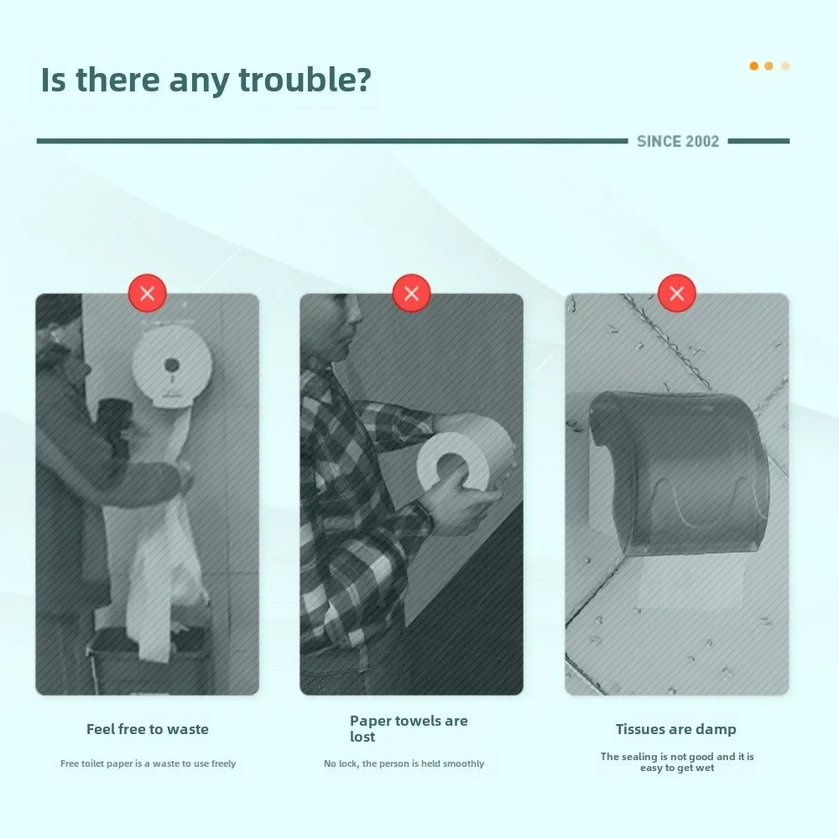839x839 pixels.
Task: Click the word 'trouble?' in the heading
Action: click(305, 81)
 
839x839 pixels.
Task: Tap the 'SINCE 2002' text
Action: click(677, 141)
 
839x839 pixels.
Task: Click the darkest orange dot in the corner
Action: click(754, 65)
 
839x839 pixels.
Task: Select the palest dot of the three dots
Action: click(785, 65)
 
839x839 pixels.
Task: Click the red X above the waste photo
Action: click(147, 293)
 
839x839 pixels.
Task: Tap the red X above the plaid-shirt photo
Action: click(411, 293)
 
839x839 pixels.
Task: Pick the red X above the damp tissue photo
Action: click(677, 293)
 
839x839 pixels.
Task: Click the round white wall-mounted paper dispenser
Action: click(172, 367)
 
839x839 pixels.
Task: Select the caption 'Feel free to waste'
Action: click(148, 729)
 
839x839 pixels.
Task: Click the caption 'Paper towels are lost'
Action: click(409, 729)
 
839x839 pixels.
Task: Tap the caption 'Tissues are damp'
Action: click(675, 729)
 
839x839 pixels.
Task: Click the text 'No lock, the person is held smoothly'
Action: click(404, 763)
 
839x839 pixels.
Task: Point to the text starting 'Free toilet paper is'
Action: click(149, 763)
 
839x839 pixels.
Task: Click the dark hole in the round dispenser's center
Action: click(171, 365)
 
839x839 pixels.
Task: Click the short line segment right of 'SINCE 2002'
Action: click(758, 141)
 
